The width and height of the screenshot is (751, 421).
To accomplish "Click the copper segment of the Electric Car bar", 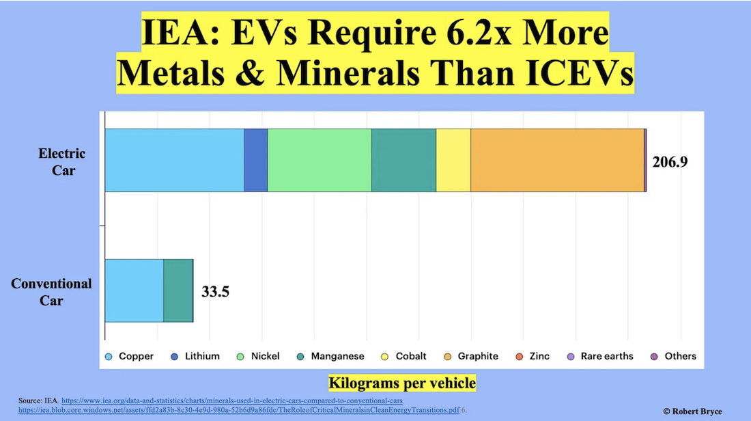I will point(174,160).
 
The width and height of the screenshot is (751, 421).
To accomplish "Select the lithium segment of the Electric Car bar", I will point(256,160).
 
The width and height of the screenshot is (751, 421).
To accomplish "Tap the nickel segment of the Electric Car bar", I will point(320,160).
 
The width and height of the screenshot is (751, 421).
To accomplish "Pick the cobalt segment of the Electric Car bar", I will point(453,160).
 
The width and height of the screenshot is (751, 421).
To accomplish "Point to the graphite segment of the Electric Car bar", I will point(557,160).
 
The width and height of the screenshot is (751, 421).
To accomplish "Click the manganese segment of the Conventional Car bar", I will point(178,290).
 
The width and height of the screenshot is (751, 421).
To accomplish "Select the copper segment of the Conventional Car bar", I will point(134,290).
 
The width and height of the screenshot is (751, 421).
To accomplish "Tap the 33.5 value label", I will point(215,292).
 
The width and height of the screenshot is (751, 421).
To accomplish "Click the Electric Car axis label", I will point(62,161).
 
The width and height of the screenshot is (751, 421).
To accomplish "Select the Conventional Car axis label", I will point(51,292).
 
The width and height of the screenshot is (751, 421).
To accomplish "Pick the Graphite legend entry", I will point(471,356).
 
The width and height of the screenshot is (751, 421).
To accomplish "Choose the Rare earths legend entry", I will point(600,356).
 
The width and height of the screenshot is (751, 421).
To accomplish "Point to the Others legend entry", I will point(674,356).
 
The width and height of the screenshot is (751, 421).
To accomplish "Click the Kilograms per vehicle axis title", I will point(402,383).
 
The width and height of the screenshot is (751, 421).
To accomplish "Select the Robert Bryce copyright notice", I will point(692,411).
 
